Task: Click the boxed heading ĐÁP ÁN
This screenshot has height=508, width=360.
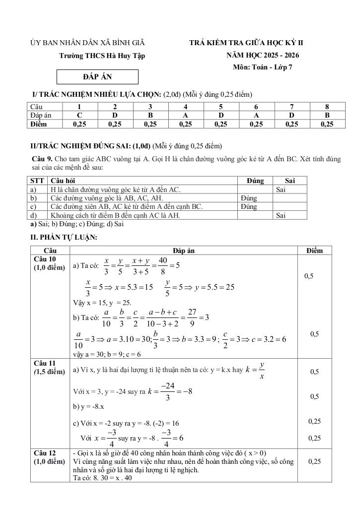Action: tap(97, 77)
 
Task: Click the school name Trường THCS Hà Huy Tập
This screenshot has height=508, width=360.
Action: tap(102, 56)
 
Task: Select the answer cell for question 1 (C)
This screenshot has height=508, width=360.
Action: tap(79, 115)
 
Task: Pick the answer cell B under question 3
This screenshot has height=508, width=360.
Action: tap(150, 115)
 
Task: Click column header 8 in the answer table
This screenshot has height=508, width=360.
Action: tap(327, 107)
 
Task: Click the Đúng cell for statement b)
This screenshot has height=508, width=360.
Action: tap(248, 197)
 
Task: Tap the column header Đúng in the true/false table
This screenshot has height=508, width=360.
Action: tap(255, 181)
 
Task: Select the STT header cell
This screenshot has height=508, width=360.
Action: tap(37, 181)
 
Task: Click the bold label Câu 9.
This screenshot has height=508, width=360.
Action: tap(42, 158)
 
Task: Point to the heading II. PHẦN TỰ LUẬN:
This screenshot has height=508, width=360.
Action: tap(64, 237)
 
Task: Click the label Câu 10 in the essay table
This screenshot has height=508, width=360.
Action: tap(45, 259)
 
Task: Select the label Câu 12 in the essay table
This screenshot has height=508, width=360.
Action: tap(45, 452)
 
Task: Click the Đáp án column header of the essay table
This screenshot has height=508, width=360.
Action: tap(184, 251)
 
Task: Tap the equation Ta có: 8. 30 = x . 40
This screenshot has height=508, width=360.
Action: tap(102, 478)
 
